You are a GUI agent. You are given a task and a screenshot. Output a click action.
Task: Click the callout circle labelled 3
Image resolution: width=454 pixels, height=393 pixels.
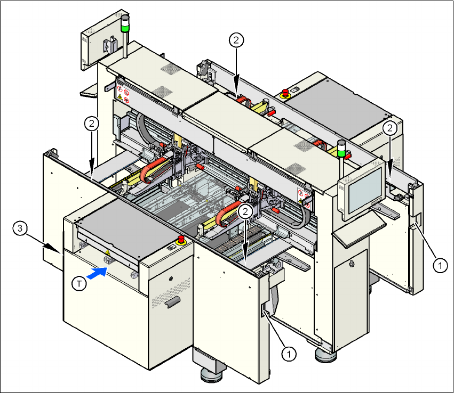[20, 228]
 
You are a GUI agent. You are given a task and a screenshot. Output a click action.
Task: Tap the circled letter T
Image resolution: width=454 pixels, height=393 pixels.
[79, 284]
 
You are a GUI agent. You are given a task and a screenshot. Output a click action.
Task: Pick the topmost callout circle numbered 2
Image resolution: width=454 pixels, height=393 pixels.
[237, 39]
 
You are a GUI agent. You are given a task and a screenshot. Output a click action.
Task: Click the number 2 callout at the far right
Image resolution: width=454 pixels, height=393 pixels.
[391, 128]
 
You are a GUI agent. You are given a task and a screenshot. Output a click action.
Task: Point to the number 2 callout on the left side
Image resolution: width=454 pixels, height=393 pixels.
[92, 124]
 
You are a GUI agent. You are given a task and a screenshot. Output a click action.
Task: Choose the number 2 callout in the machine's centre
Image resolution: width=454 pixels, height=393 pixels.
[245, 211]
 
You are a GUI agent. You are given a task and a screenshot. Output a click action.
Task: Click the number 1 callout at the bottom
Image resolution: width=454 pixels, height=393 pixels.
[289, 353]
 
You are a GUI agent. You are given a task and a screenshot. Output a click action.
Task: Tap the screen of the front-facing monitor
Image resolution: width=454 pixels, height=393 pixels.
[363, 188]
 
